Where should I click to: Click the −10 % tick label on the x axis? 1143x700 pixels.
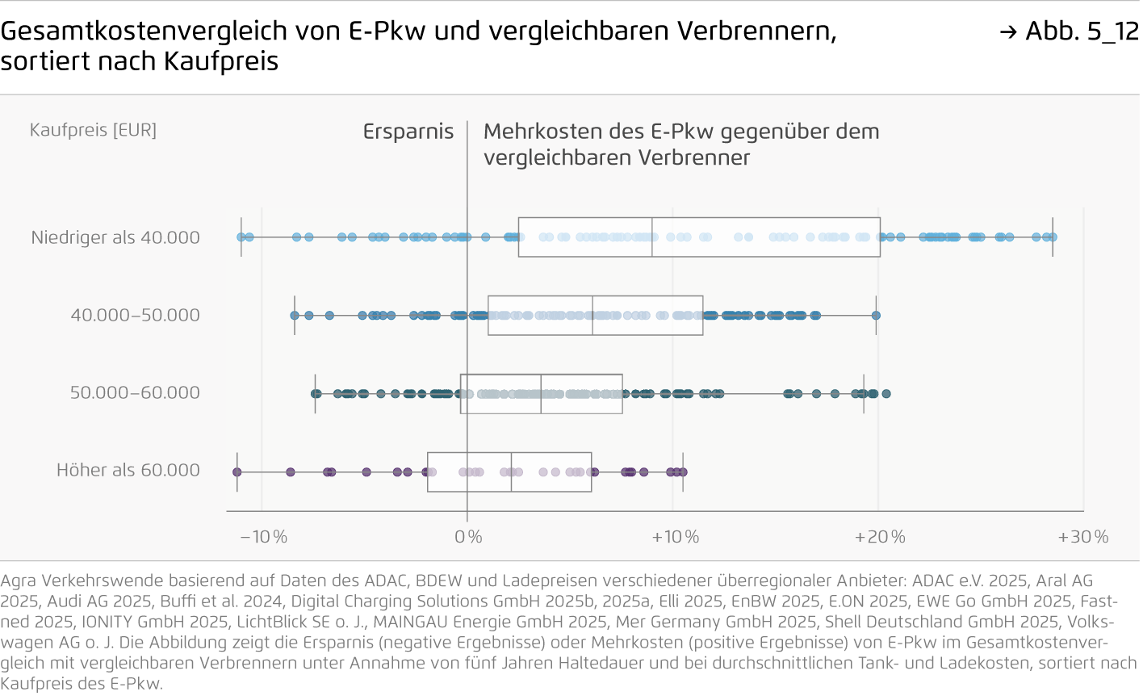(263, 537)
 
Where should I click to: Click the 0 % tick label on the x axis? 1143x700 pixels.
(468, 537)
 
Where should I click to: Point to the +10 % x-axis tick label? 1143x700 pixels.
(675, 537)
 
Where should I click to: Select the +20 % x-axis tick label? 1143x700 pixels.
(880, 537)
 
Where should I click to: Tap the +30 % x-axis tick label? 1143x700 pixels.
(1083, 537)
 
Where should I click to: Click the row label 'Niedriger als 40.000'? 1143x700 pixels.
(115, 237)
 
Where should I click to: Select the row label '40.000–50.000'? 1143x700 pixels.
(135, 315)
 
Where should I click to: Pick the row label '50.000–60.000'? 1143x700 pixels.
(135, 392)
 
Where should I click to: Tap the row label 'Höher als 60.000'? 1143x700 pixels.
(128, 470)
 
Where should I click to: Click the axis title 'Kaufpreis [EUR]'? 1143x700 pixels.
(93, 130)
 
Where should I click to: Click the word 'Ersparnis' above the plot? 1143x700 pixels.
(408, 132)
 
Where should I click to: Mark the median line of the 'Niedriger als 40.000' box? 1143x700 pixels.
(652, 237)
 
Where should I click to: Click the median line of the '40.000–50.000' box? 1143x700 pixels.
(592, 315)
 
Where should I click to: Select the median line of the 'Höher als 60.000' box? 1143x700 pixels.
(512, 472)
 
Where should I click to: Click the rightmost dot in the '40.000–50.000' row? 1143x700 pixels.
(876, 316)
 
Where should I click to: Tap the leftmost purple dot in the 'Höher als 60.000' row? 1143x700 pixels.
(237, 472)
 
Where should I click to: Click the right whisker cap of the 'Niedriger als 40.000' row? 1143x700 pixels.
(1053, 237)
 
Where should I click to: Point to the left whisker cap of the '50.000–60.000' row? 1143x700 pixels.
(315, 393)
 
